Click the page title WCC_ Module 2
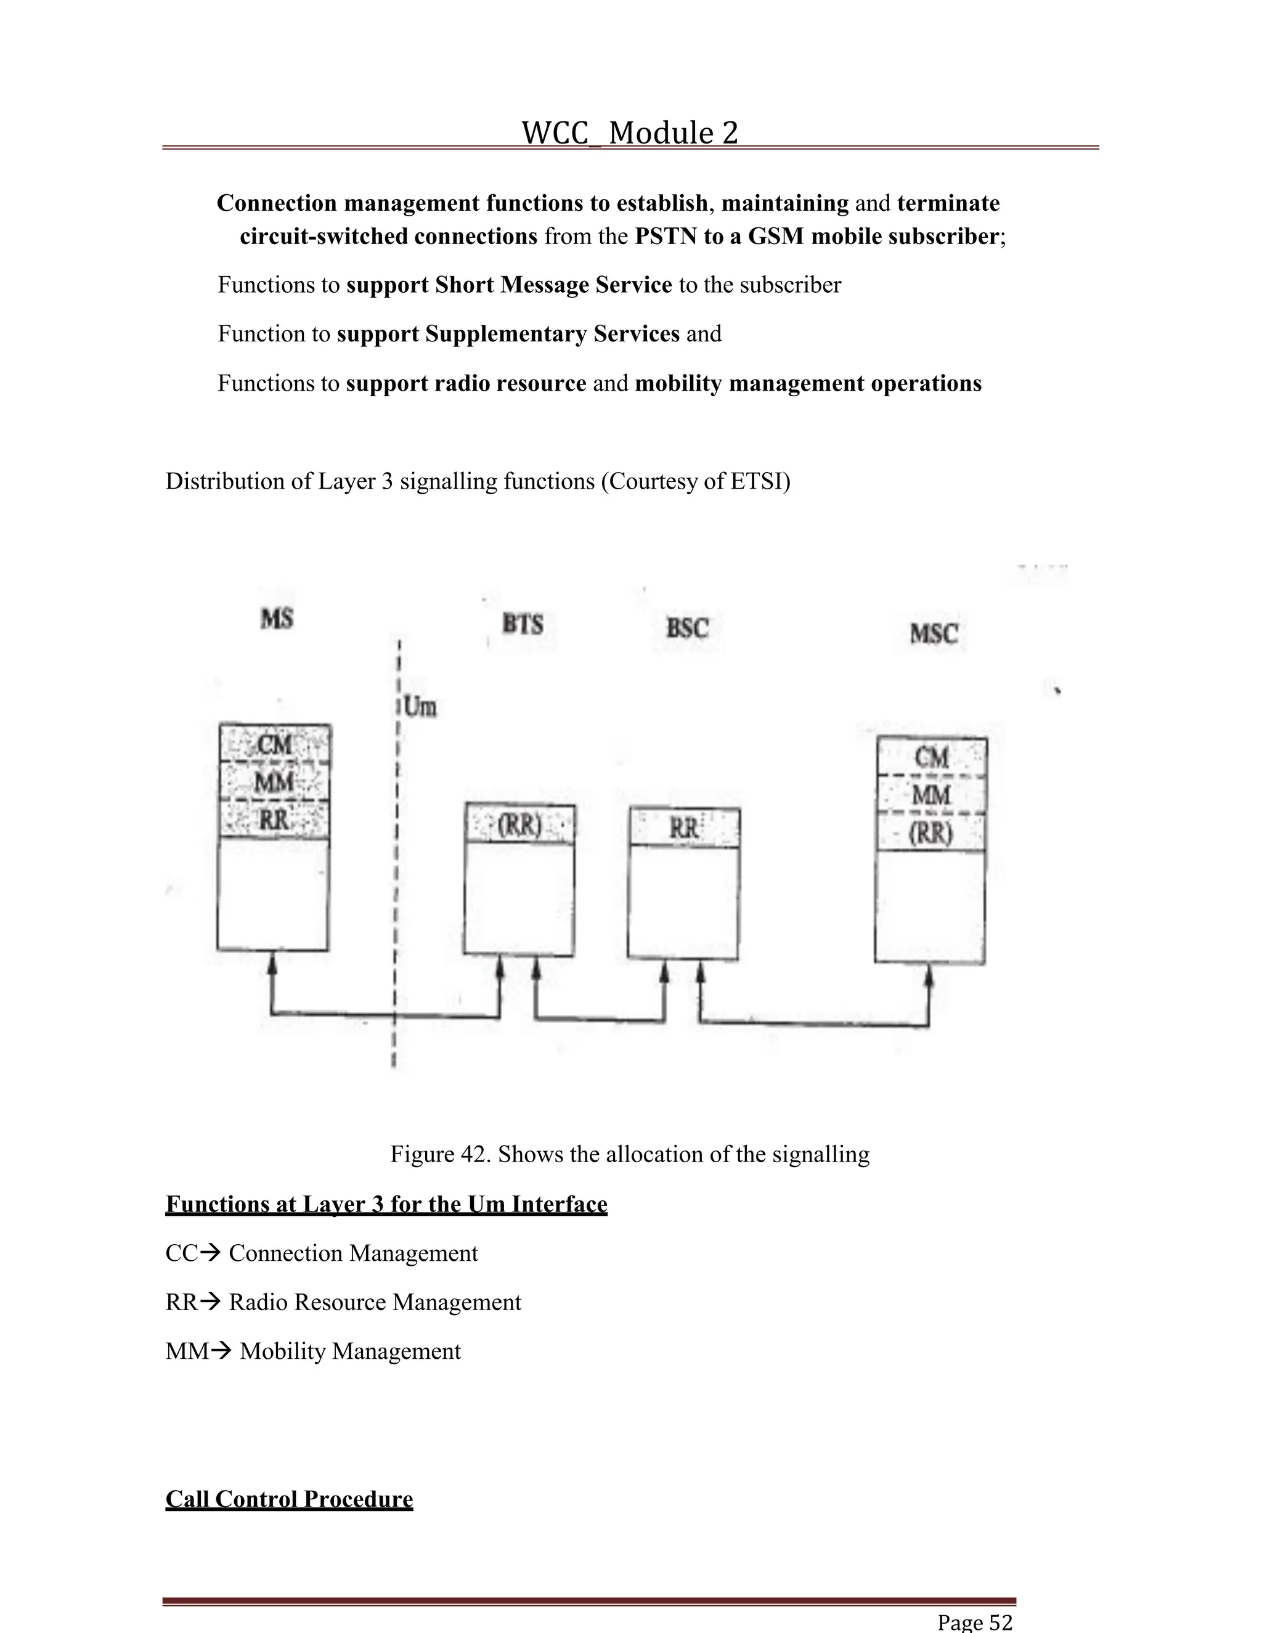click(x=630, y=133)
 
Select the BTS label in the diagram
click(x=522, y=624)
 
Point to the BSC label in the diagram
click(x=687, y=627)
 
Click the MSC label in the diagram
click(x=934, y=634)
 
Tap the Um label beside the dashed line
click(x=420, y=707)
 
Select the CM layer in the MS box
click(x=274, y=745)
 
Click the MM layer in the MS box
click(x=274, y=783)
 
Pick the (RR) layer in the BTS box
click(x=519, y=826)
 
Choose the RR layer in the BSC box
click(x=684, y=828)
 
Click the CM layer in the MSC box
click(x=932, y=757)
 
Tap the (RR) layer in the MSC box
click(x=931, y=833)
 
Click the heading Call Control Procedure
click(x=290, y=1499)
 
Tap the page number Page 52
click(x=975, y=1622)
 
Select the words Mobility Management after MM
click(x=350, y=1351)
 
